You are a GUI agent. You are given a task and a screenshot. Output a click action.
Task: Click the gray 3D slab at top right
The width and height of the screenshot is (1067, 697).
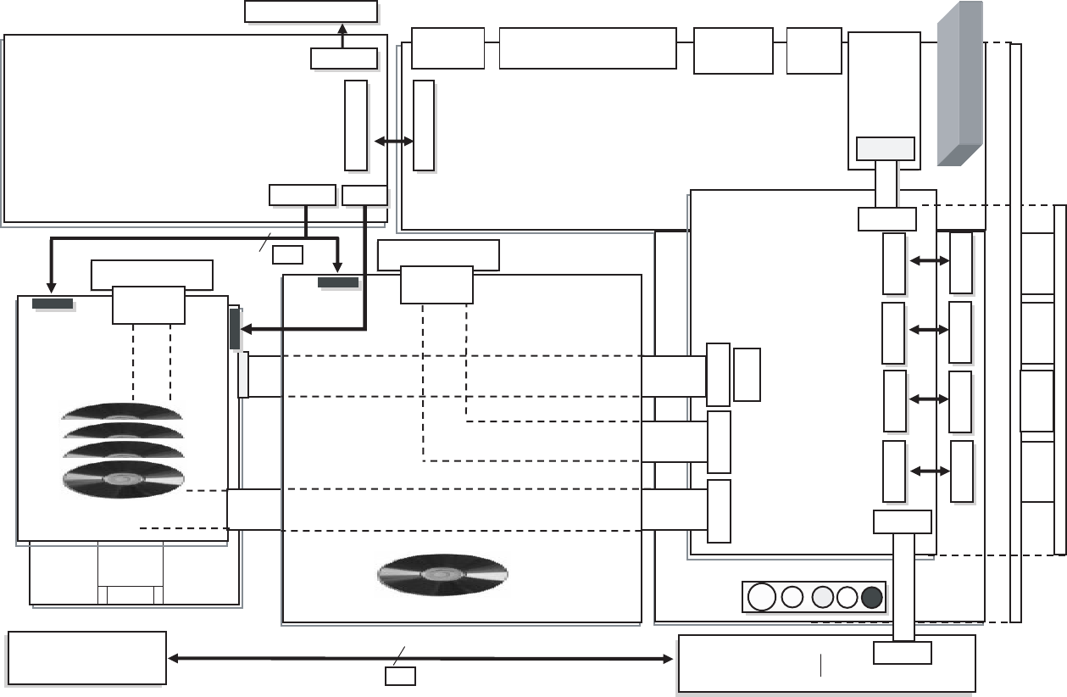point(960,83)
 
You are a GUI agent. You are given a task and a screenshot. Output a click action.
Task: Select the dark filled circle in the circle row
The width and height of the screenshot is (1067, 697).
point(872,597)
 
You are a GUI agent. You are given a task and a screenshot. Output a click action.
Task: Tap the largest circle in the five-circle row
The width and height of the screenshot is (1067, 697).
point(762,597)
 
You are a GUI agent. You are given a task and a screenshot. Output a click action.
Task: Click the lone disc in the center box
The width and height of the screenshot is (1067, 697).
point(442,574)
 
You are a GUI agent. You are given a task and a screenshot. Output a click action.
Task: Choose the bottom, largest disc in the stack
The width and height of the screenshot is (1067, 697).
point(123,478)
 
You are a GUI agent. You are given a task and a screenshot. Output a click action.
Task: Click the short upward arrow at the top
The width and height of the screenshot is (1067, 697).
point(342,36)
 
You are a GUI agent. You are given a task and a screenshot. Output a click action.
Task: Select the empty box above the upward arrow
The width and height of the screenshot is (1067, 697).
point(310,11)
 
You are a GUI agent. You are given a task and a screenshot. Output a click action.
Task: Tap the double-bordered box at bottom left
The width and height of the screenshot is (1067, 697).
point(86,657)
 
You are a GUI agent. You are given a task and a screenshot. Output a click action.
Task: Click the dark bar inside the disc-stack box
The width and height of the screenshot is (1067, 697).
point(52,303)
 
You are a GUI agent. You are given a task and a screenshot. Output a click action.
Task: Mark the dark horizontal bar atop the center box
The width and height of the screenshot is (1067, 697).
point(337,282)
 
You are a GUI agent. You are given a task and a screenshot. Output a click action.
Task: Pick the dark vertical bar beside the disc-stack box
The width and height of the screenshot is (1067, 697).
point(235,329)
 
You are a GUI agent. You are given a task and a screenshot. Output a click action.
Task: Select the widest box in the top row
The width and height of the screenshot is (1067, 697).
point(587,47)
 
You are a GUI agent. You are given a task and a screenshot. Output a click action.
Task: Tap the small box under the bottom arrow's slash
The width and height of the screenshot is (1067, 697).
point(400,676)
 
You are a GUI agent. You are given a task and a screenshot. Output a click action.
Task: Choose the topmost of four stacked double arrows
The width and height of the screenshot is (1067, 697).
point(928,262)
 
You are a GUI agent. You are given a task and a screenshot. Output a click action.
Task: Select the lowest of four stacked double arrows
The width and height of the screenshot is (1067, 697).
point(928,471)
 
